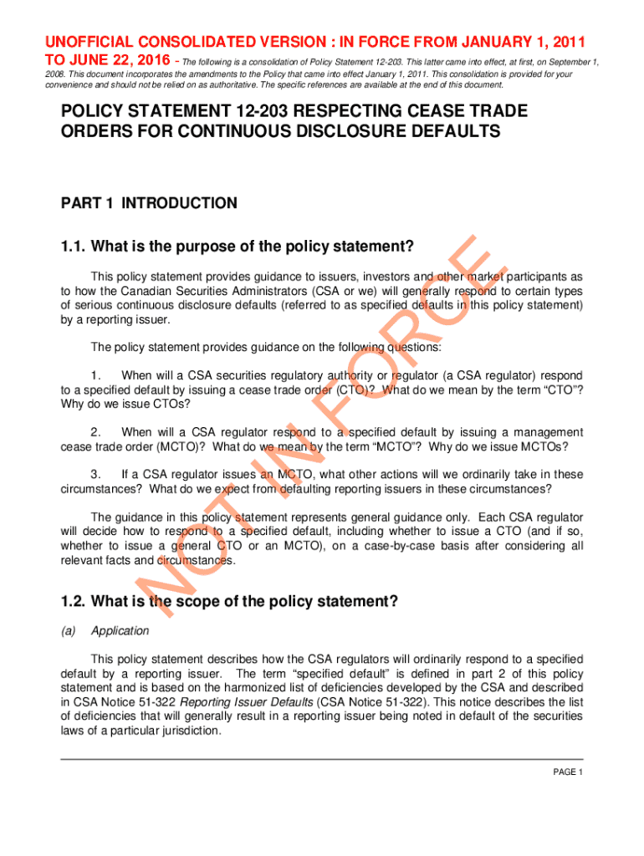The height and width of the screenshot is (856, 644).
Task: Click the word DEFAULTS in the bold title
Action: point(437,131)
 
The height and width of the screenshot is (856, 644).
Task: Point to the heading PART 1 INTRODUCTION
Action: point(149,203)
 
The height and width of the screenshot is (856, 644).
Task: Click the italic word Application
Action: point(120,631)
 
